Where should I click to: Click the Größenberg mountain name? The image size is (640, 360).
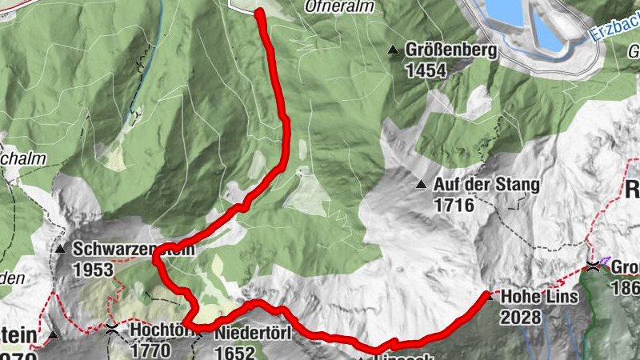(x=451, y=50)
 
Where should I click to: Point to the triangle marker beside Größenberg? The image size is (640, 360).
(x=393, y=50)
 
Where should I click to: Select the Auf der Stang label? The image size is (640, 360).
(x=486, y=185)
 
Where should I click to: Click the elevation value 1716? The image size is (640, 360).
(x=454, y=206)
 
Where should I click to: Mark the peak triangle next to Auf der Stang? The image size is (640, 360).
(x=421, y=186)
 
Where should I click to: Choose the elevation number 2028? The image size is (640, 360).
(x=521, y=317)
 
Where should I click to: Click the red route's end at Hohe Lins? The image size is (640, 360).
(x=487, y=297)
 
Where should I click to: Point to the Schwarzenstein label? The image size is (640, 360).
(x=132, y=249)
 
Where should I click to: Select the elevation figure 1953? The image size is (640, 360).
(x=93, y=270)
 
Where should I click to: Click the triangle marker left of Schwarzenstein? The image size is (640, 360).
(x=61, y=249)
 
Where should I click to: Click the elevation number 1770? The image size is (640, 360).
(x=150, y=350)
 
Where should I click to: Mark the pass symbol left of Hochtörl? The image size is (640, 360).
(x=111, y=329)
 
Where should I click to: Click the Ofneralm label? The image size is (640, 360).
(x=336, y=6)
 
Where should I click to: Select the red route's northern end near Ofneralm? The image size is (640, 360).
(x=260, y=11)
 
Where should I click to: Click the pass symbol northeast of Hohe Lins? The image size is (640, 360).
(x=593, y=266)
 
